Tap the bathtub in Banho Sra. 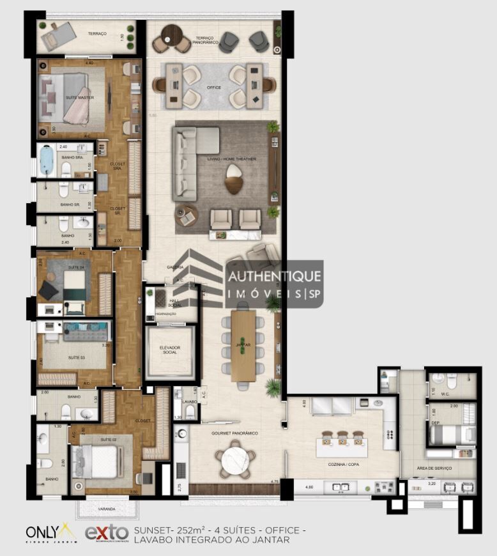pos(47,160)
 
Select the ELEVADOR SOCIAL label pos(170,351)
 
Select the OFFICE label pos(214,87)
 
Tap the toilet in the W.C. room pos(451,382)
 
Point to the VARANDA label pos(107,509)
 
